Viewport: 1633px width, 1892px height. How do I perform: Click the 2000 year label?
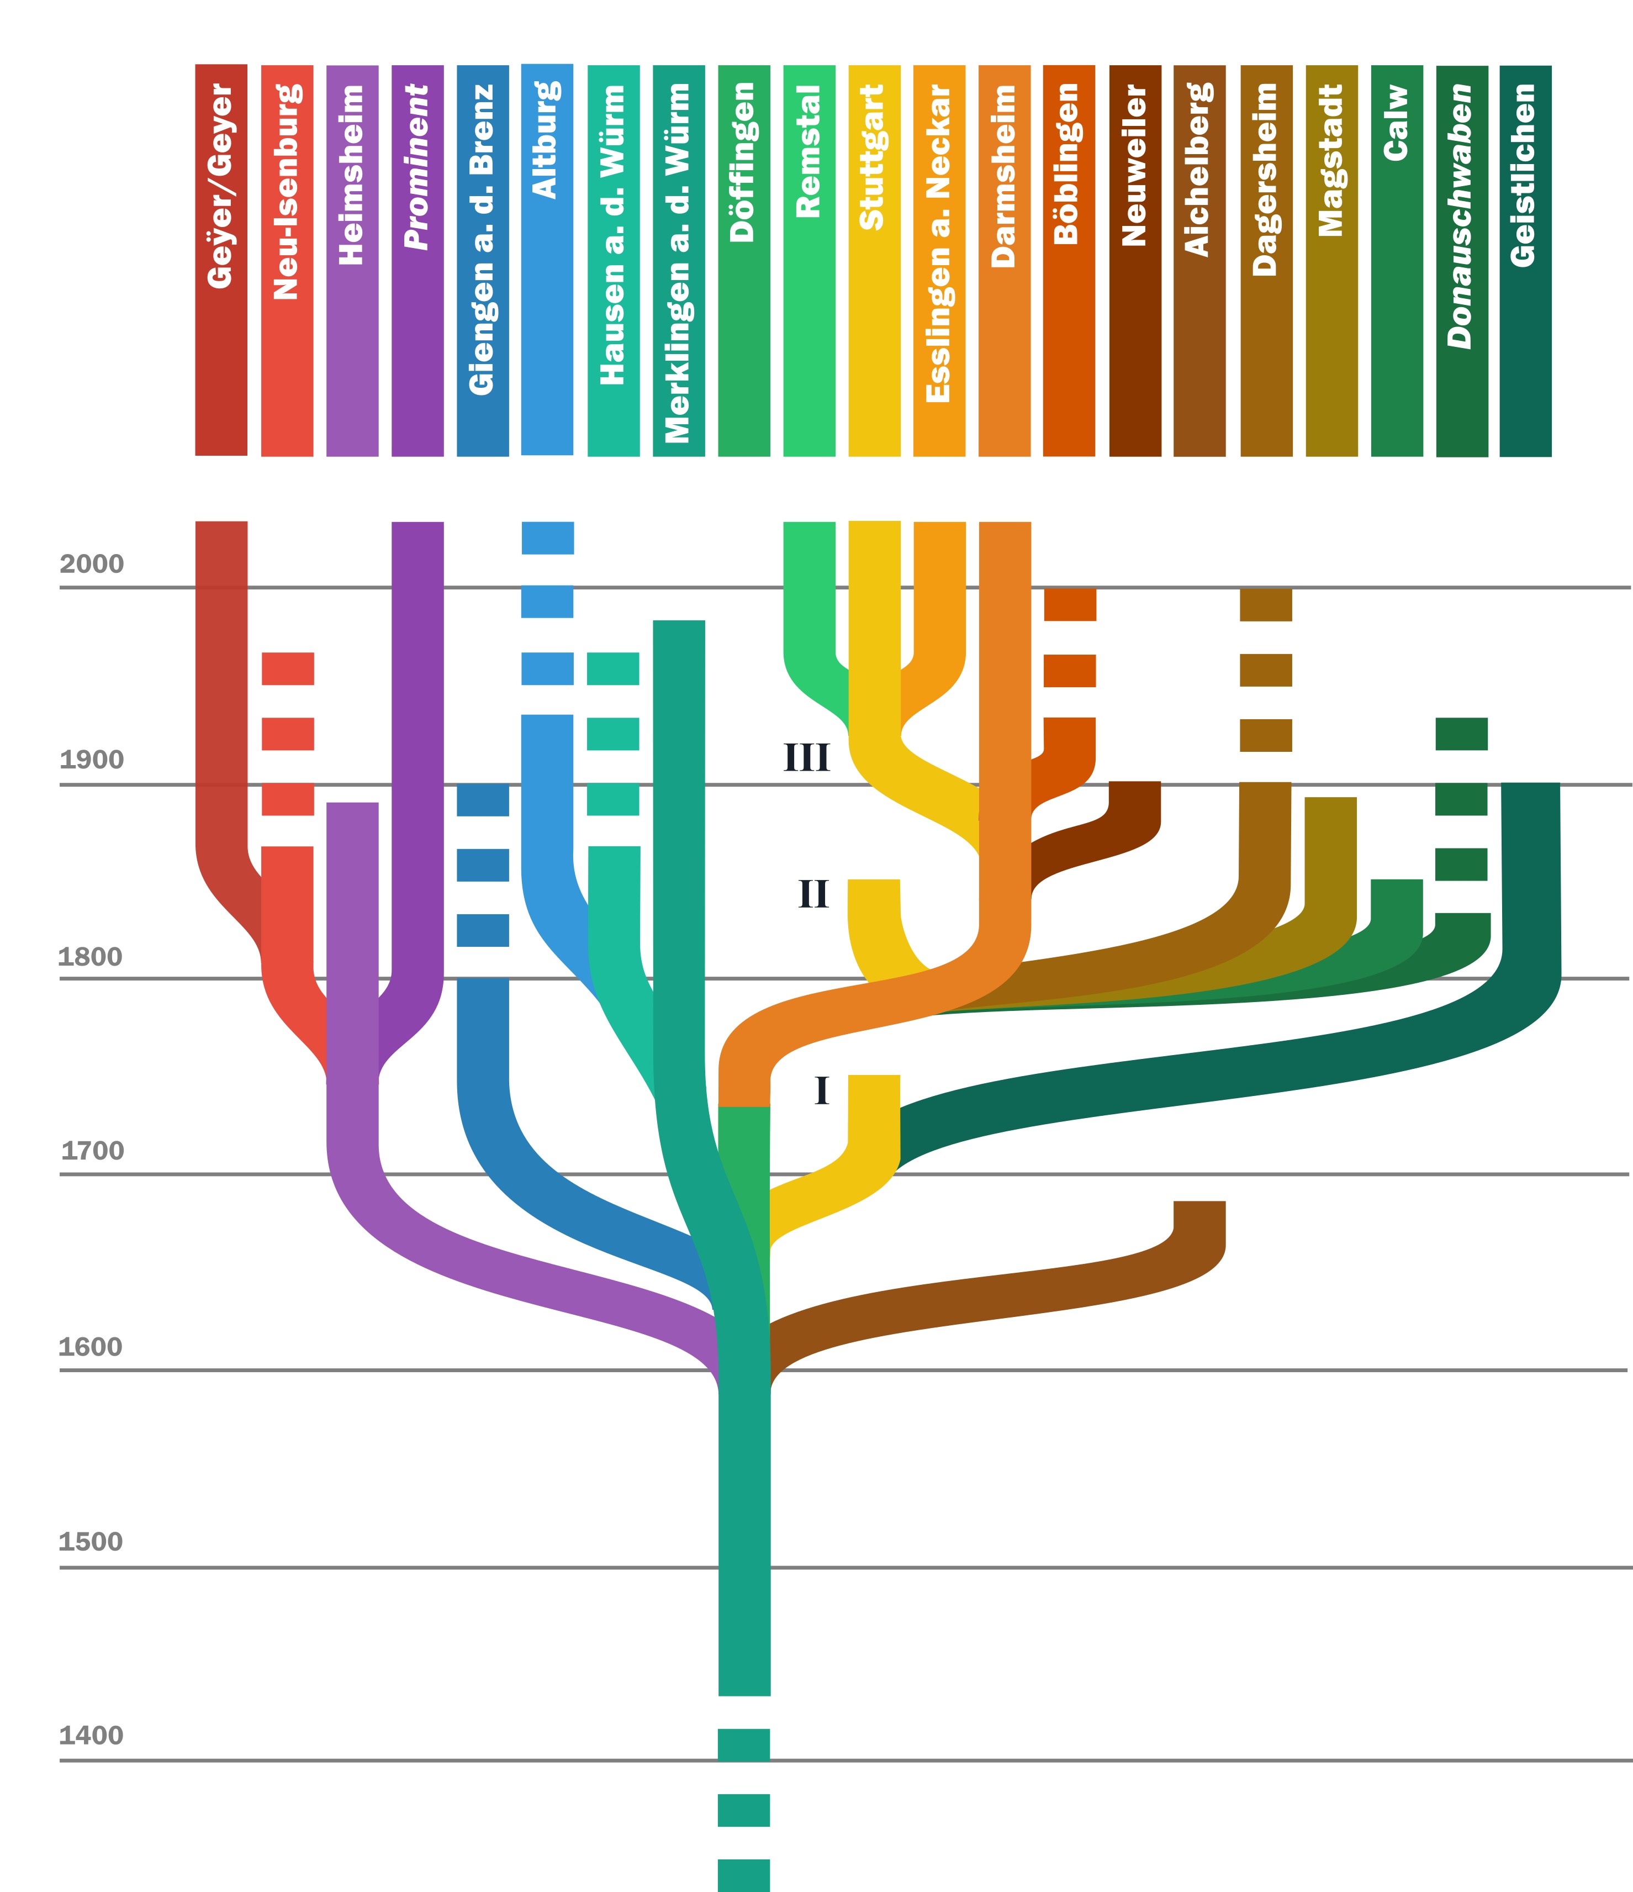pyautogui.click(x=91, y=565)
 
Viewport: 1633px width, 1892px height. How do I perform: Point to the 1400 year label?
pyautogui.click(x=91, y=1736)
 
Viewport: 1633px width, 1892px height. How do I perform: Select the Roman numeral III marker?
pyautogui.click(x=807, y=758)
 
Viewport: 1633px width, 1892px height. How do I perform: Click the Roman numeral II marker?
pyautogui.click(x=813, y=894)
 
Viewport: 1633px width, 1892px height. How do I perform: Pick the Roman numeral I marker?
pyautogui.click(x=822, y=1090)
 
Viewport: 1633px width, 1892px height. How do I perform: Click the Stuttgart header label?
pyautogui.click(x=873, y=157)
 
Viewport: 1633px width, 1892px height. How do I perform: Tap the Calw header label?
pyautogui.click(x=1396, y=123)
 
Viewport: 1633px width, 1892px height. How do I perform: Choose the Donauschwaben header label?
pyautogui.click(x=1461, y=217)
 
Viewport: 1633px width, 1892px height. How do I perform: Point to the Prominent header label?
pyautogui.click(x=417, y=166)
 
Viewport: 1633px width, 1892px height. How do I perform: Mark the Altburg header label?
pyautogui.click(x=546, y=140)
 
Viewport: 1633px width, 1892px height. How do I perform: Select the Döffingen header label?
pyautogui.click(x=743, y=162)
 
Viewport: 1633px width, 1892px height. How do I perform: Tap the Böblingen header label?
pyautogui.click(x=1068, y=165)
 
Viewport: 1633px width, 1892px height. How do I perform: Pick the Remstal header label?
pyautogui.click(x=808, y=151)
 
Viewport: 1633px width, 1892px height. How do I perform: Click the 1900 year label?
pyautogui.click(x=91, y=760)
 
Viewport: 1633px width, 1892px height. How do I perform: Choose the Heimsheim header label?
pyautogui.click(x=351, y=175)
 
